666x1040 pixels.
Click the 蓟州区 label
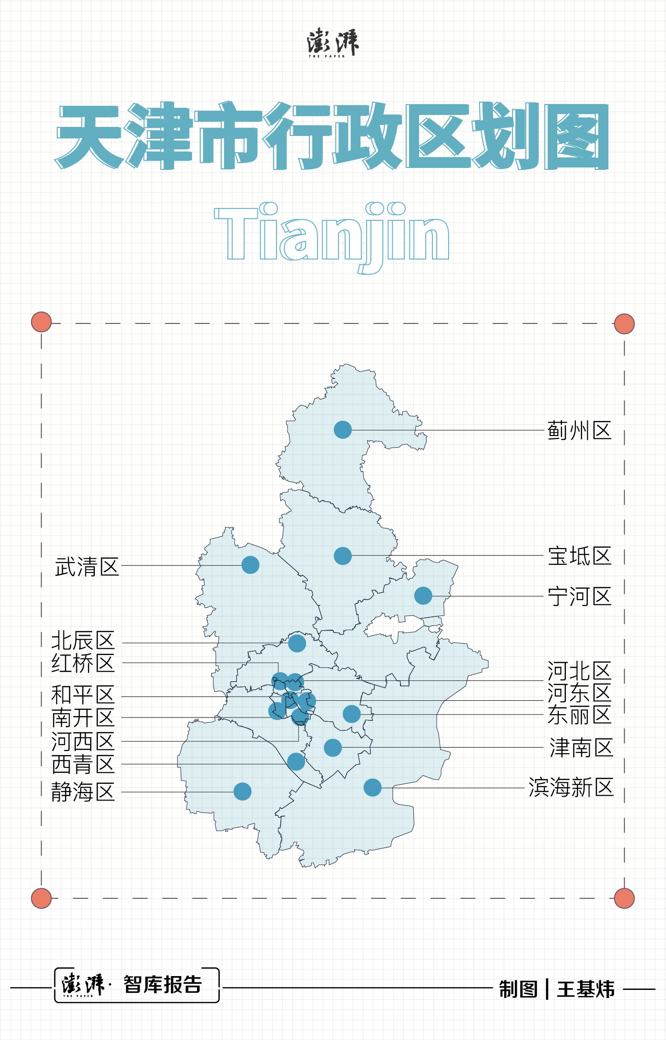[579, 430]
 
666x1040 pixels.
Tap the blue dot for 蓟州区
[343, 430]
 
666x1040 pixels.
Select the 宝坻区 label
[579, 556]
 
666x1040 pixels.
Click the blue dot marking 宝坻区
[343, 556]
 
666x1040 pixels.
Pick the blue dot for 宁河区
[423, 596]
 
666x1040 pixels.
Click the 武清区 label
[87, 567]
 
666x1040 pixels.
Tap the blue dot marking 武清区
[250, 565]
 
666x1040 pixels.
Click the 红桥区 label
[83, 663]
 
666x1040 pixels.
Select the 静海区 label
[83, 792]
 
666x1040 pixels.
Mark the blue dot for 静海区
[242, 791]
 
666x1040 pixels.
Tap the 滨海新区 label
[571, 788]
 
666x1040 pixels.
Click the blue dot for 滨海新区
[372, 788]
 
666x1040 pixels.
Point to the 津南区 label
[581, 748]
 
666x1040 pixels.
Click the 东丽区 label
[579, 715]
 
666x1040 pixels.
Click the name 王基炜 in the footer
[586, 989]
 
